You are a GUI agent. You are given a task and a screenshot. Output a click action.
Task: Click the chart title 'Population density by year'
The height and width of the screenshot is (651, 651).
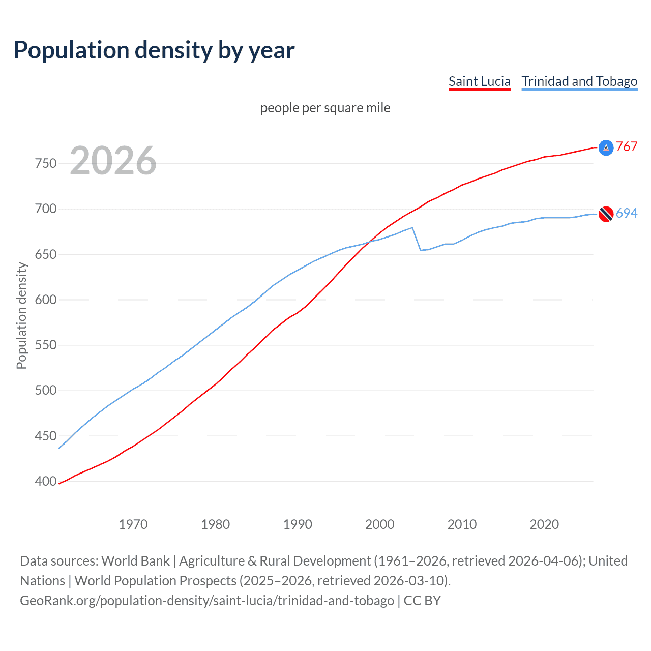[x=154, y=50]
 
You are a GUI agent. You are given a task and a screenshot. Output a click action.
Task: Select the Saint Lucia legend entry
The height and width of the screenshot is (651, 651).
[x=479, y=81]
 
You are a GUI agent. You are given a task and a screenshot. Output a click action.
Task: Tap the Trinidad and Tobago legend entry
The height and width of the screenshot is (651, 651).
[x=579, y=81]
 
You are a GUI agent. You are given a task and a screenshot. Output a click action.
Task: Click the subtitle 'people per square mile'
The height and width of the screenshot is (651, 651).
[x=325, y=108]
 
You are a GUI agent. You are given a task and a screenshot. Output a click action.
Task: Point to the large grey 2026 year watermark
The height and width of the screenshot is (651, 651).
[x=113, y=161]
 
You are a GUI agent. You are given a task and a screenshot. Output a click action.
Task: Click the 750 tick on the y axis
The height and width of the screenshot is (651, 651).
[x=45, y=164]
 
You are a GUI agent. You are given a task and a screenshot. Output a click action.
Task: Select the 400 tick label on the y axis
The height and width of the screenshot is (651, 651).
[x=45, y=481]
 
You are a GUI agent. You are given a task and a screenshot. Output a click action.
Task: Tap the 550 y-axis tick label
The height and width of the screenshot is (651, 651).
[x=45, y=345]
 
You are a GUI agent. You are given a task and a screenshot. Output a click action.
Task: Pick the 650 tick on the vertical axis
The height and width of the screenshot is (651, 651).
[x=45, y=254]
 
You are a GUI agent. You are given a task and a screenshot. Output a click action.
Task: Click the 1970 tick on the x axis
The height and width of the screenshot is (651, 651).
[x=133, y=524]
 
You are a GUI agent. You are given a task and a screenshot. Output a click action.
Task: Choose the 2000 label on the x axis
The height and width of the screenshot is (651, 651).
[x=379, y=524]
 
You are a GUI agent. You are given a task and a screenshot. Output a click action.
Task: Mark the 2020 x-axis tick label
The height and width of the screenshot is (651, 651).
[x=544, y=524]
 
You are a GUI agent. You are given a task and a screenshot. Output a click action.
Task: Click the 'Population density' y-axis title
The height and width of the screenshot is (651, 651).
[x=21, y=315]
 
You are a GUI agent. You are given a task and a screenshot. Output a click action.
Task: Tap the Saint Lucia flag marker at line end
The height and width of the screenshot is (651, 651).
[x=606, y=147]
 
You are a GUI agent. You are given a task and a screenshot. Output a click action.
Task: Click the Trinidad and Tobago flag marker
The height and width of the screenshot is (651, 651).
[x=606, y=214]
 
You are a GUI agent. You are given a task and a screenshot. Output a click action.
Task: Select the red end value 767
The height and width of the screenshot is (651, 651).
[x=627, y=147]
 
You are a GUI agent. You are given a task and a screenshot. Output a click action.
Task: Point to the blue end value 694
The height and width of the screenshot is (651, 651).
[x=627, y=214]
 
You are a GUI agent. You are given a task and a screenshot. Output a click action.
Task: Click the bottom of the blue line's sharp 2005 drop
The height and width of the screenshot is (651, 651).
[x=421, y=250]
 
